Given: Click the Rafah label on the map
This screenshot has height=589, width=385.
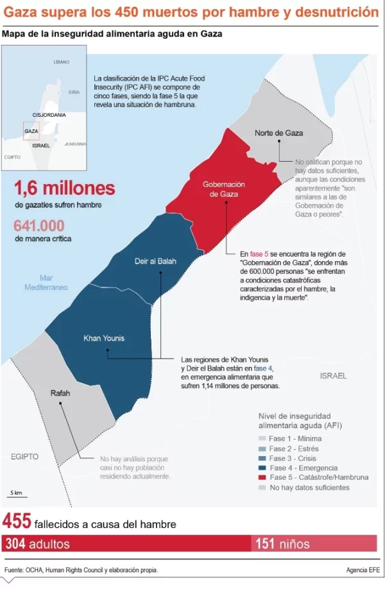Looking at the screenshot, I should (60, 393).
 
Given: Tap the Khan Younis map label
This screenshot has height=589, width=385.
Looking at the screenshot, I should (104, 338).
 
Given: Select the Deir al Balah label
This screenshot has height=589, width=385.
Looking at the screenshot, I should (155, 261).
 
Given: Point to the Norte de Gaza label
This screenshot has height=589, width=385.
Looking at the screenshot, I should (278, 133).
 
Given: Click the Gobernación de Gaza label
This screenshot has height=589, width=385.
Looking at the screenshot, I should (224, 189).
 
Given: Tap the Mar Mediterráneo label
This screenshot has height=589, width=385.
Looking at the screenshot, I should (46, 282).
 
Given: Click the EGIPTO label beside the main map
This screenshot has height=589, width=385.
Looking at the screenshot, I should (25, 456).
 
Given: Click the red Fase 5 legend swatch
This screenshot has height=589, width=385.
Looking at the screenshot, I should (262, 477).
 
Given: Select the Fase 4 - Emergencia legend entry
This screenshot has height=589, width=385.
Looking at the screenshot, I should (303, 468).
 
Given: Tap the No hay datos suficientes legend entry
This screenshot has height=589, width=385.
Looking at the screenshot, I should (309, 488).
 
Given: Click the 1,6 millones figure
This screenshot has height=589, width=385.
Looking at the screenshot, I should (64, 188).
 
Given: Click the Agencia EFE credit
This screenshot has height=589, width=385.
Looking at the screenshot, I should (363, 570).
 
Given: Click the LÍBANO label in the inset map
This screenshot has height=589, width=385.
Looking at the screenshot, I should (62, 62).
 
